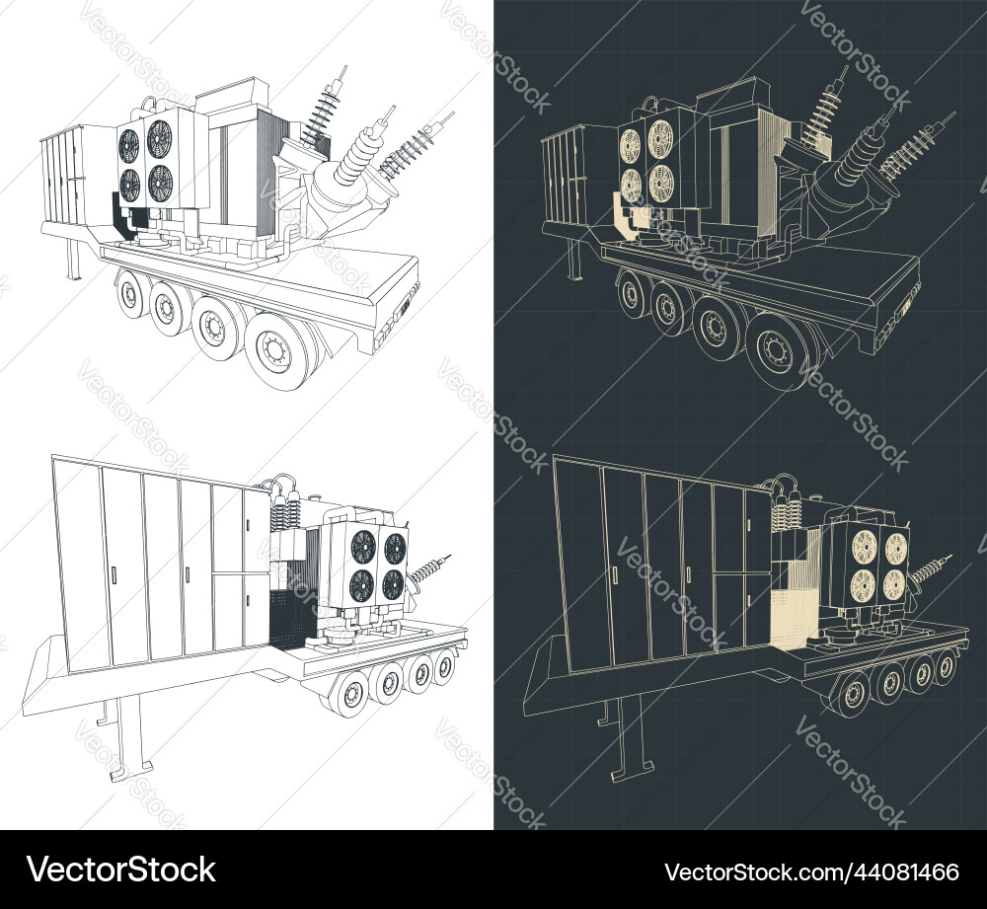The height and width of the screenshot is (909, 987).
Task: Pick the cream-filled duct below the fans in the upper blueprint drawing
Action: click(x=623, y=214)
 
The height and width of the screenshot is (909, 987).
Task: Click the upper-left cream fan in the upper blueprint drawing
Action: click(x=631, y=146)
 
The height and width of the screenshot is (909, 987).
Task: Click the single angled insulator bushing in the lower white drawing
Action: click(x=428, y=570)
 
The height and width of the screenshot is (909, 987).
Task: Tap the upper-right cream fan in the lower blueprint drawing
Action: click(x=895, y=549)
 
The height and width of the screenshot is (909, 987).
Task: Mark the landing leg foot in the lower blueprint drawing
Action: click(x=633, y=768)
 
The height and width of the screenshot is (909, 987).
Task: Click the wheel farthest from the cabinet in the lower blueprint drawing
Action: click(x=945, y=664)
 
